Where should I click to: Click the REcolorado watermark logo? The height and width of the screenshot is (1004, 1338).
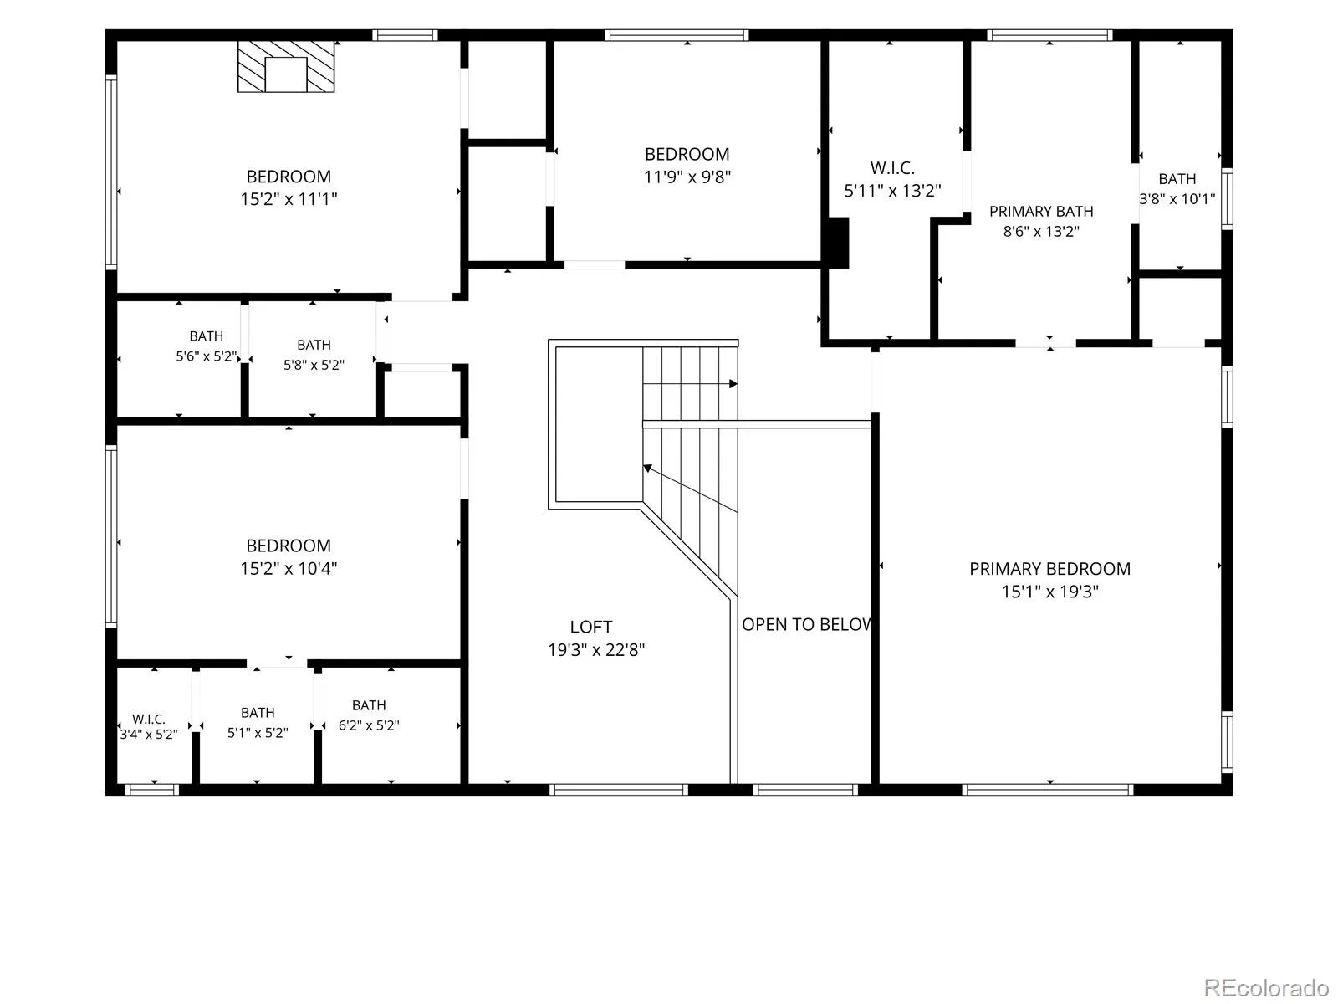[x=1265, y=987]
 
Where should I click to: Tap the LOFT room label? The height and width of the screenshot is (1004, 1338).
[x=590, y=627]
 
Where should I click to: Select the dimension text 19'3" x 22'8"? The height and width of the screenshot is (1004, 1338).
[x=595, y=650]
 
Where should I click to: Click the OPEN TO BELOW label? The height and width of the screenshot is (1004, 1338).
[x=806, y=624]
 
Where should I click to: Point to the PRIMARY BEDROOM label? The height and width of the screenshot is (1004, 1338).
[x=1049, y=569]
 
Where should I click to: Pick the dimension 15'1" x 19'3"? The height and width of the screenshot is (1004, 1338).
[x=1049, y=592]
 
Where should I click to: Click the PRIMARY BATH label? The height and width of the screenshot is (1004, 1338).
[x=1040, y=212]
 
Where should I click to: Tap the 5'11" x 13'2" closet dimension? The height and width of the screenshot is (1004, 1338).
[x=891, y=191]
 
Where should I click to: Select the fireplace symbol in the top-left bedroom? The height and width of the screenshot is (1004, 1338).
[x=285, y=66]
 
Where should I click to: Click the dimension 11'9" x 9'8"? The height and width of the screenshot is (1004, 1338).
[x=687, y=177]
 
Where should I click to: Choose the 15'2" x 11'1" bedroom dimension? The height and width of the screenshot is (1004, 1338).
[x=289, y=199]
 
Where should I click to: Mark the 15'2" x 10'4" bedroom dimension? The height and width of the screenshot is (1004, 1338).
[x=289, y=569]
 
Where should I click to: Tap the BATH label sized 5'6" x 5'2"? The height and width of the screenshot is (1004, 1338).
[x=206, y=336]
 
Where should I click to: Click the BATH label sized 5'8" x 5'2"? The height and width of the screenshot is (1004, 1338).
[x=314, y=345]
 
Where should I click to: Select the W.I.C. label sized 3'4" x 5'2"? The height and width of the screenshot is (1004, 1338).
[x=149, y=720]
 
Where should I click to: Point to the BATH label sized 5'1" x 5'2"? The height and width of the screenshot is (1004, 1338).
[x=258, y=713]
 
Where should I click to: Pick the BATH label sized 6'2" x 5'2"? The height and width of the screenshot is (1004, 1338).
[x=369, y=705]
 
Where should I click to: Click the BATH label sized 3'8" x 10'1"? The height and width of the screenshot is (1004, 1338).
[x=1177, y=179]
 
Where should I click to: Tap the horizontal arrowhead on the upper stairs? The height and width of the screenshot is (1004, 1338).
[x=733, y=384]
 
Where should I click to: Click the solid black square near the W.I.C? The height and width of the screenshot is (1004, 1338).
[x=838, y=243]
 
